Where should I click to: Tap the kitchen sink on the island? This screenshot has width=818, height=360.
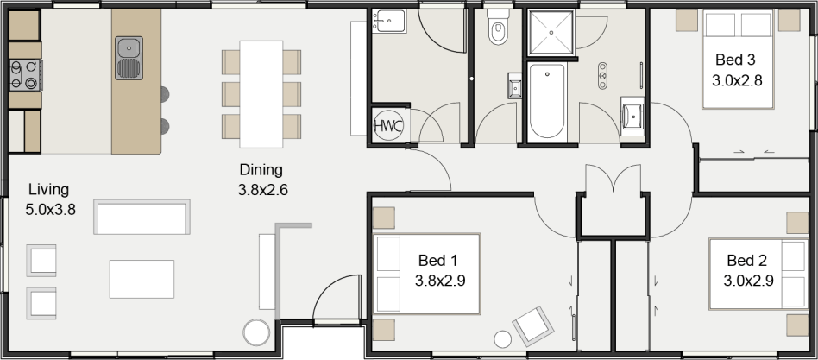129,57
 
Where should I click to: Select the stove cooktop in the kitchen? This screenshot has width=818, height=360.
23,75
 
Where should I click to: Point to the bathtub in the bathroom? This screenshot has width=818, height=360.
546,101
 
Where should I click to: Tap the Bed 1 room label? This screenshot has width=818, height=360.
437,261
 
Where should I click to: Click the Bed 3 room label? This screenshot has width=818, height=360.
735,60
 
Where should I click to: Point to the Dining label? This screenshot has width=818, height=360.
261,170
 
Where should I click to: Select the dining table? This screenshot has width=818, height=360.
261,93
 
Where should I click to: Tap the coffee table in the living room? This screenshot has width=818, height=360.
142,279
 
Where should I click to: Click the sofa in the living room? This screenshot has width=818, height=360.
142,218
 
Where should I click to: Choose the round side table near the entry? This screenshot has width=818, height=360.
256,332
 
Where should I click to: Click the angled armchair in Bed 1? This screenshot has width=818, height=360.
532,325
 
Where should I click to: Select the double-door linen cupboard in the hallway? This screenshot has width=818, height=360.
612,199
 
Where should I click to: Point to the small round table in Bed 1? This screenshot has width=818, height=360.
501,339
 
